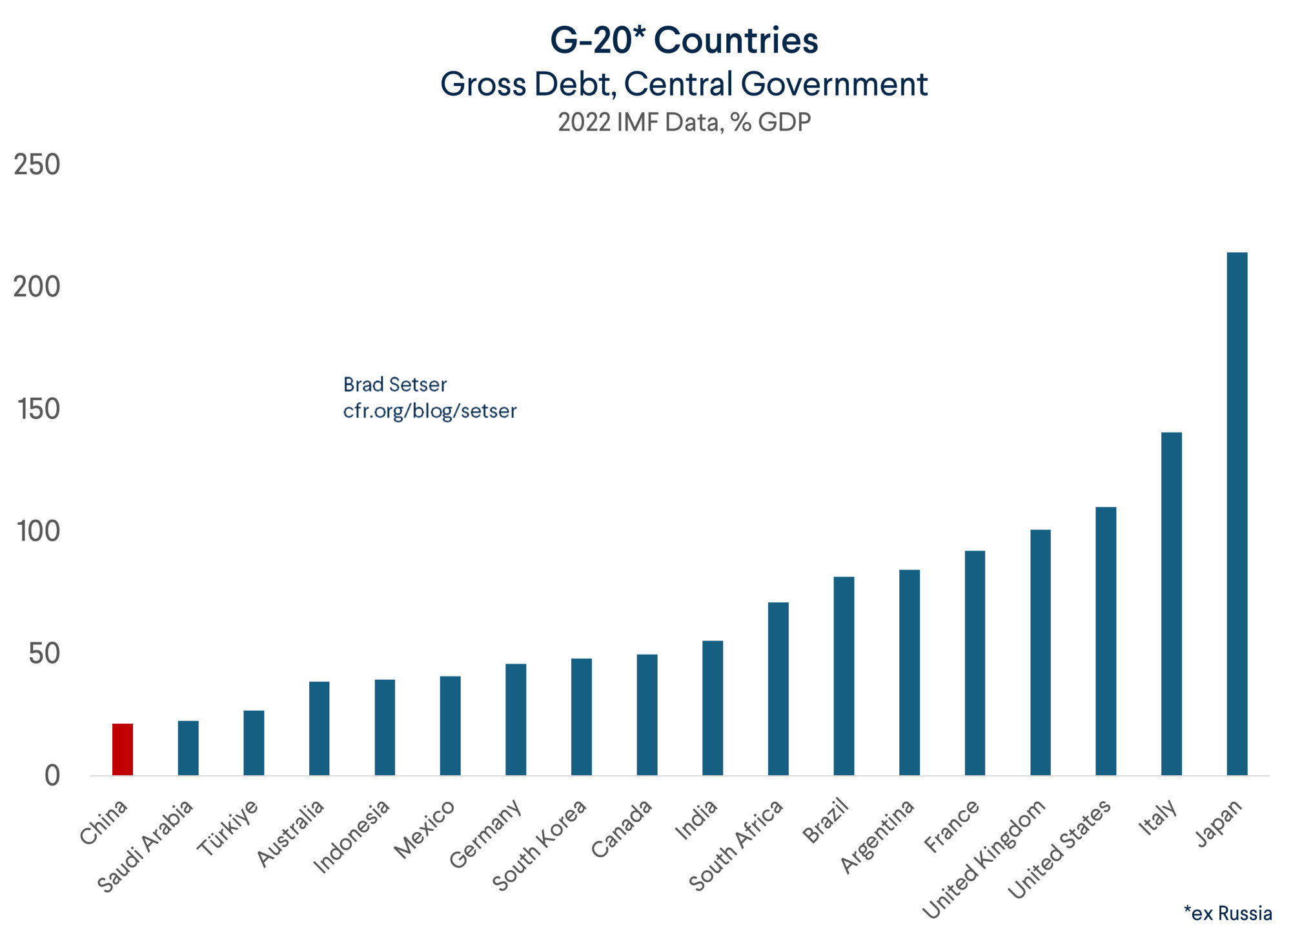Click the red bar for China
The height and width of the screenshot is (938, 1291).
coord(123,749)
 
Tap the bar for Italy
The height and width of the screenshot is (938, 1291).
coord(1171,604)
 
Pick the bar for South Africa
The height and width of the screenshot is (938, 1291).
coord(778,689)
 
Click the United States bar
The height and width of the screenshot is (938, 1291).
coord(1106,641)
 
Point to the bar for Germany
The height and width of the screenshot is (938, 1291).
coord(516,719)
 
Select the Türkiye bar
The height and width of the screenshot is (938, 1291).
coord(254,742)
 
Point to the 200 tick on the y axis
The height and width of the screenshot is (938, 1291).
coord(37,287)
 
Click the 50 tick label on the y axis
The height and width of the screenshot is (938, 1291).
coord(44,653)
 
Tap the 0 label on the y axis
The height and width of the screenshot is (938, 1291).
coord(52,775)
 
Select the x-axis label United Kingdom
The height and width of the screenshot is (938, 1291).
coord(984,858)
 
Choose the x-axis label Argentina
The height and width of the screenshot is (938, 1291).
coord(878,836)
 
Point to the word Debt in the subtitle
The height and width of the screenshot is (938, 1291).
coord(571,84)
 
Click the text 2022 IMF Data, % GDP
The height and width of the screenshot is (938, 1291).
coord(684,122)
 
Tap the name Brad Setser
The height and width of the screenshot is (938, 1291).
coord(395,385)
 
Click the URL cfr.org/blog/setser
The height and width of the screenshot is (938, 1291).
coord(430,411)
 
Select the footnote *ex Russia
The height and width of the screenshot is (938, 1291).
coord(1227,913)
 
